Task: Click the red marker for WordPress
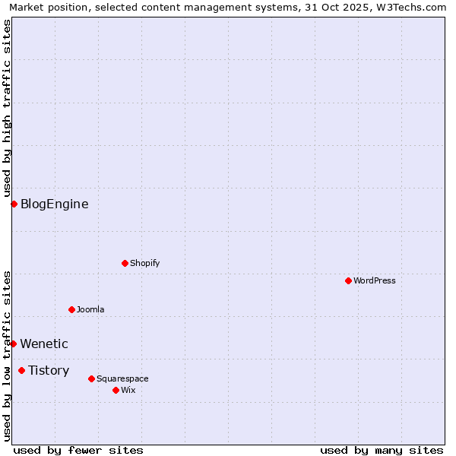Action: [x=348, y=280]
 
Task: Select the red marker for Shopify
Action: [x=125, y=263]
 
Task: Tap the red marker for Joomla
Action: [x=71, y=309]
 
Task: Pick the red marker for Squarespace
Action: [x=91, y=378]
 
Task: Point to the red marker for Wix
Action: [x=116, y=390]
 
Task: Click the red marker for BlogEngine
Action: [x=14, y=204]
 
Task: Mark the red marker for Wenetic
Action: [x=13, y=344]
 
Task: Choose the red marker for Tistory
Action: [x=21, y=370]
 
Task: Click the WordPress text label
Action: [x=375, y=281]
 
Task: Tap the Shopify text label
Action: [x=145, y=264]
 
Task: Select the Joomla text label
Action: [x=90, y=310]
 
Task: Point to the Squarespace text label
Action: [x=122, y=379]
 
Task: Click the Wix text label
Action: [x=128, y=391]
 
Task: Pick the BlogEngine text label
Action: [x=54, y=204]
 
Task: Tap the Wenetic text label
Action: [x=44, y=344]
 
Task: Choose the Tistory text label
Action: [x=49, y=371]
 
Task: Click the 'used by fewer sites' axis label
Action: [x=78, y=450]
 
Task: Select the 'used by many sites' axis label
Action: [x=382, y=450]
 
